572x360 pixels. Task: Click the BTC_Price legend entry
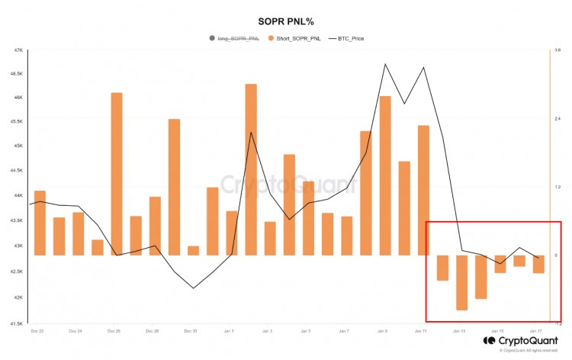347,37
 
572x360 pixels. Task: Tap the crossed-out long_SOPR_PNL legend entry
236,37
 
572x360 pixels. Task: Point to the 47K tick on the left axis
19,50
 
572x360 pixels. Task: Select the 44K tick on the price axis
19,196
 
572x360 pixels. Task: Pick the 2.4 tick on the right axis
558,119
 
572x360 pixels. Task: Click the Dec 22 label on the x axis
37,331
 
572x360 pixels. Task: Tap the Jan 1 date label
229,331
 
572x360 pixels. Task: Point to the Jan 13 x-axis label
458,331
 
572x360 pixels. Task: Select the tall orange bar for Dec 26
117,174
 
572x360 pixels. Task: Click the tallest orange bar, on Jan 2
251,169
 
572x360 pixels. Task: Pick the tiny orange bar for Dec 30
193,251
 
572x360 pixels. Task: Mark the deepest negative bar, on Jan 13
461,282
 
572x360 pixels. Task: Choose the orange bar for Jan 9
385,175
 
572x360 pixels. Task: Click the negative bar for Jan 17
538,264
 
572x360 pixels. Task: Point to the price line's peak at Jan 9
385,64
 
